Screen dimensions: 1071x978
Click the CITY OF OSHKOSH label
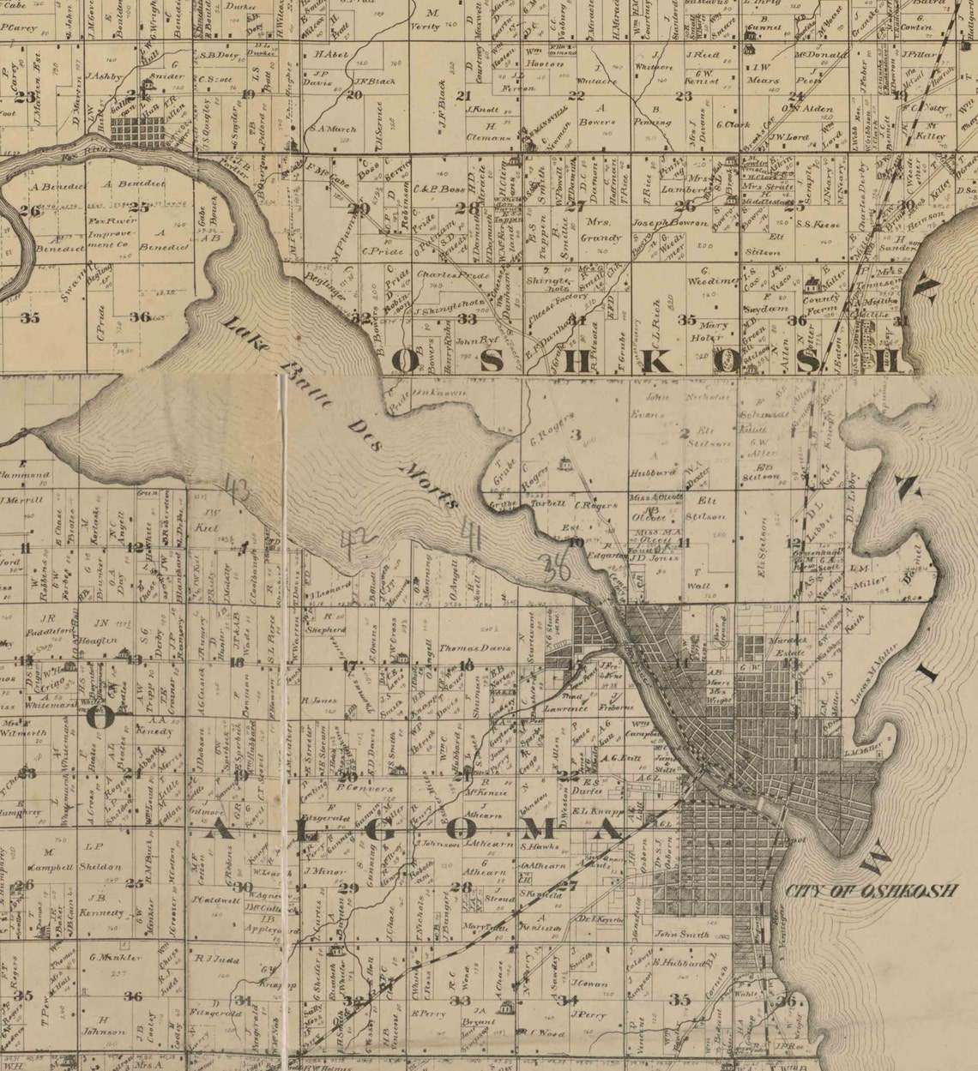click(x=870, y=891)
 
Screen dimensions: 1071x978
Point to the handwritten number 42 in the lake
click(x=353, y=542)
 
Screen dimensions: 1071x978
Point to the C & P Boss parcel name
click(x=438, y=189)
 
